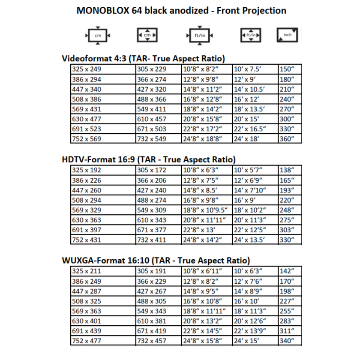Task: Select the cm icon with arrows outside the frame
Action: click(98, 36)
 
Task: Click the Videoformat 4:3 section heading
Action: click(144, 58)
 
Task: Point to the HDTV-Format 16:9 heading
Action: click(149, 159)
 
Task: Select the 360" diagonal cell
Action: click(287, 139)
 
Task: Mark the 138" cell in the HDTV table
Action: click(287, 170)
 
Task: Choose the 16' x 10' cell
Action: click(247, 301)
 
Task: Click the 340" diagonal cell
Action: click(287, 341)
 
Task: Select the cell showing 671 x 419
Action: click(151, 331)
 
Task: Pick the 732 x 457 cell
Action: click(151, 341)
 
